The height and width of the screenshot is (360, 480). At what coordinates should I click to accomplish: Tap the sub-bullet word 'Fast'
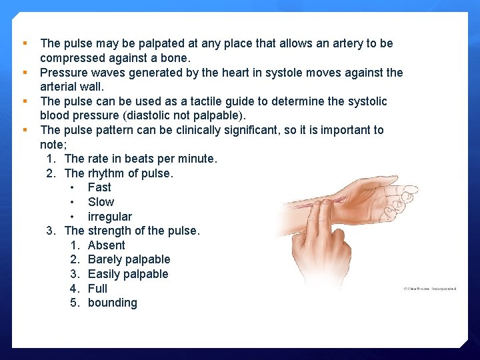[99, 187]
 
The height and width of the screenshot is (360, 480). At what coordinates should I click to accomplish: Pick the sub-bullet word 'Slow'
[101, 202]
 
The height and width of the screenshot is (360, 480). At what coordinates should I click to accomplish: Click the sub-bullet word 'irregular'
[110, 217]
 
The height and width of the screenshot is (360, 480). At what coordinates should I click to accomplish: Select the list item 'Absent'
[106, 245]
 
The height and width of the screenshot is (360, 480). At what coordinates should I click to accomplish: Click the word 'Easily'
[105, 274]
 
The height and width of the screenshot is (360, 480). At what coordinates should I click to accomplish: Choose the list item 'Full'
[97, 289]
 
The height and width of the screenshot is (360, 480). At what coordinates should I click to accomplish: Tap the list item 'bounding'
[112, 303]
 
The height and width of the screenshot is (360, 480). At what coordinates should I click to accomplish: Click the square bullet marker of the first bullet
[25, 43]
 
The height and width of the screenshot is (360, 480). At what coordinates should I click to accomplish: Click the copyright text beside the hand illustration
[429, 289]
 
